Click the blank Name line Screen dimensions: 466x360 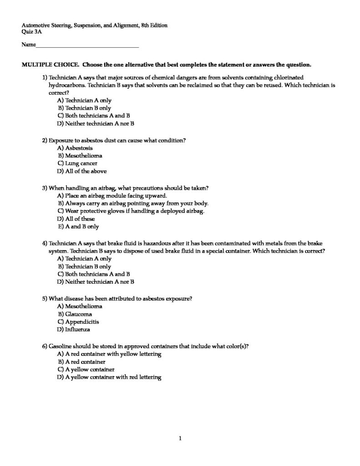[86, 46]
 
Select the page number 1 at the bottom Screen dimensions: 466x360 [180, 439]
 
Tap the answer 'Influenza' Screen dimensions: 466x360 [78, 329]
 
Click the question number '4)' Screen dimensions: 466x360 [44, 243]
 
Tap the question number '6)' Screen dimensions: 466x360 [44, 346]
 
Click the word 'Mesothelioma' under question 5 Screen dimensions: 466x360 [84, 306]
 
